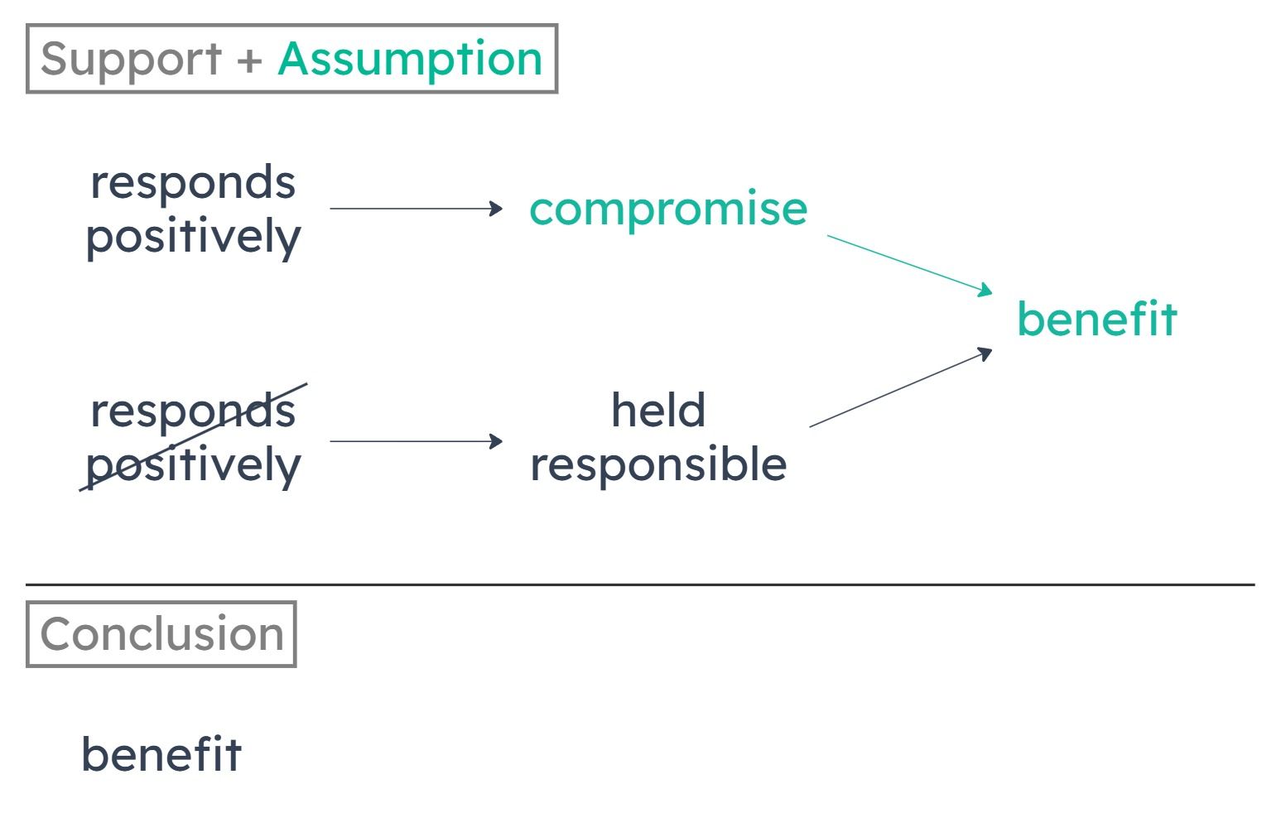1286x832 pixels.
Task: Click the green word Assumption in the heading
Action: (410, 60)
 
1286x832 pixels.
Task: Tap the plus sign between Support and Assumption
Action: (250, 60)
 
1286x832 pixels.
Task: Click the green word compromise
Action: (668, 210)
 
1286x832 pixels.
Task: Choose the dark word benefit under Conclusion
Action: (161, 754)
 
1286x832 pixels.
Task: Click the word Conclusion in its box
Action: (162, 634)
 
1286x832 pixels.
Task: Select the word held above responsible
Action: (658, 410)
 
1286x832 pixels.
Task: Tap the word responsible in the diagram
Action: (658, 464)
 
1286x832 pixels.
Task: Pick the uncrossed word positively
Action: (193, 237)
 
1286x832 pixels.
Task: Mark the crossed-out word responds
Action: (193, 411)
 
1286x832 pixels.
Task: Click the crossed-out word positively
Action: (193, 464)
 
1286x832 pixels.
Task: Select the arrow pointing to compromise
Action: (417, 209)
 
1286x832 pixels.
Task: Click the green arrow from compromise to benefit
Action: (909, 265)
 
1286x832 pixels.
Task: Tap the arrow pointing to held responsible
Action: (417, 441)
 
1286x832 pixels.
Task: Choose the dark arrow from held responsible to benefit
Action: (900, 387)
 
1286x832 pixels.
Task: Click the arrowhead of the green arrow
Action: (986, 291)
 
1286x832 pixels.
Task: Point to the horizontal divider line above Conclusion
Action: (640, 584)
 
